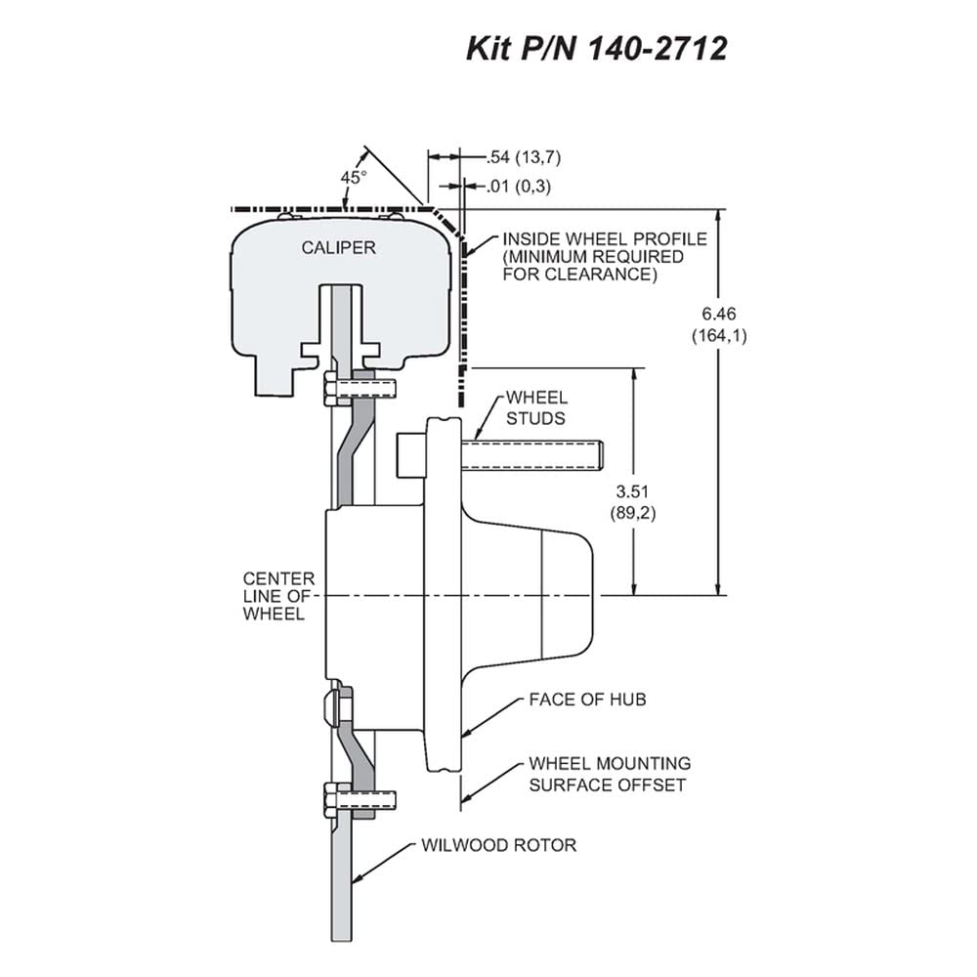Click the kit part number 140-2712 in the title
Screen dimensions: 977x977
click(658, 49)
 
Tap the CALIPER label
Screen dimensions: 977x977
click(338, 248)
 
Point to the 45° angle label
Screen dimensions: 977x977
click(354, 178)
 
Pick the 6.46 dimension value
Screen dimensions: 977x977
click(719, 314)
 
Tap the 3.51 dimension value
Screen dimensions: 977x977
click(632, 491)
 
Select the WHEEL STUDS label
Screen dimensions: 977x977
click(536, 408)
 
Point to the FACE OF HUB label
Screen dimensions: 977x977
click(587, 700)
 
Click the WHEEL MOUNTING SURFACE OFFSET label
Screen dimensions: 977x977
click(610, 774)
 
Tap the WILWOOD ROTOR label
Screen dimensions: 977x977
click(499, 845)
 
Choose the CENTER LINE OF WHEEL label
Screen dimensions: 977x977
click(278, 596)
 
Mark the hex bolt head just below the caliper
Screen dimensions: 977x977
click(330, 389)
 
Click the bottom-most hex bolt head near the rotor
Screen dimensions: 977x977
click(330, 798)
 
